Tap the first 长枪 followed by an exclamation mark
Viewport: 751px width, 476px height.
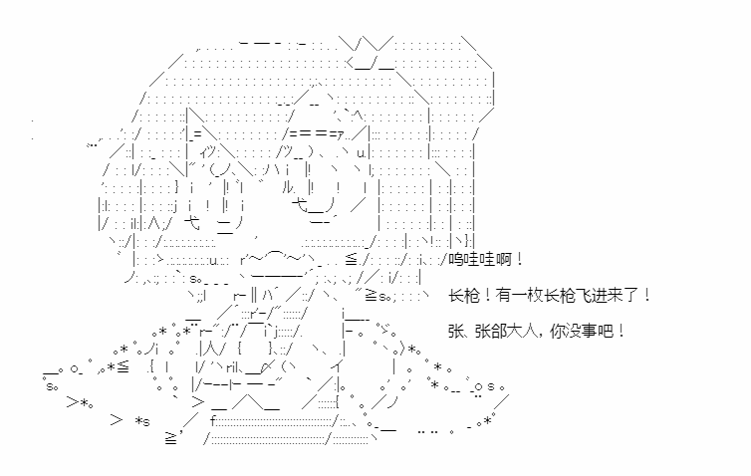(464, 295)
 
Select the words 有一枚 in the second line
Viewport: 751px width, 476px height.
(520, 295)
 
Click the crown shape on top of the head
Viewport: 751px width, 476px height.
(370, 53)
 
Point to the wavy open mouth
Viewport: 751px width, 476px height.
(278, 259)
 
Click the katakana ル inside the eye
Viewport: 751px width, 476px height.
(289, 188)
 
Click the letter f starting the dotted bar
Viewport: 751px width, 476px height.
(213, 421)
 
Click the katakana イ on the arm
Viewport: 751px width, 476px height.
(338, 367)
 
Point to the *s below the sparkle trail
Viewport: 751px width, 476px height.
(142, 422)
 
